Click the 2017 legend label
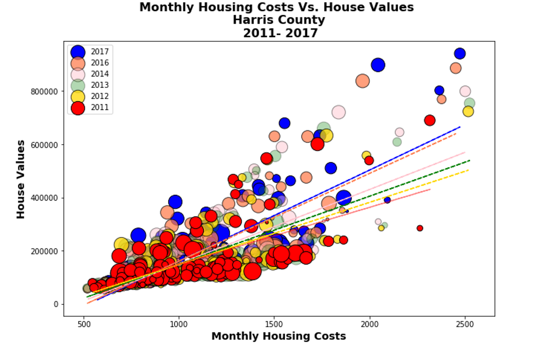click(x=100, y=52)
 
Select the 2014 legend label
click(x=100, y=74)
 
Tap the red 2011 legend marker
click(x=78, y=108)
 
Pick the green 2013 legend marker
click(x=78, y=85)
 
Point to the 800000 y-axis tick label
click(x=44, y=92)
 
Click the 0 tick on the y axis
click(x=56, y=304)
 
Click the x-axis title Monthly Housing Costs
click(x=279, y=336)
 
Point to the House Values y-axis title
click(x=21, y=179)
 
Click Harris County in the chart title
click(x=279, y=20)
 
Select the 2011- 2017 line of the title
click(x=280, y=33)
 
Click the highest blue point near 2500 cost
click(x=460, y=54)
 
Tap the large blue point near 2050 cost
click(x=378, y=65)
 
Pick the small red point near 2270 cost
click(x=420, y=228)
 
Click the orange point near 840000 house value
click(x=362, y=81)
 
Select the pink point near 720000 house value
click(x=338, y=112)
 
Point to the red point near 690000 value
click(x=430, y=120)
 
